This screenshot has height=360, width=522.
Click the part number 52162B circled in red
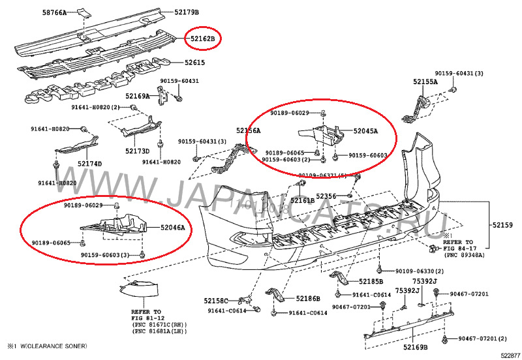click(x=202, y=39)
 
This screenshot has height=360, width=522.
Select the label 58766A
click(x=54, y=12)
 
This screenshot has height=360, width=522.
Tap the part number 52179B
click(x=187, y=12)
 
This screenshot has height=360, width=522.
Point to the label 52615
click(x=194, y=63)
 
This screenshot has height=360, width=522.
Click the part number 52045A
click(x=365, y=130)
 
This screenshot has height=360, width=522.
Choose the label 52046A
click(x=173, y=228)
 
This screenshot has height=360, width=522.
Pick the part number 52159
click(x=502, y=225)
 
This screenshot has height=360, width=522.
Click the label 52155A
click(x=425, y=82)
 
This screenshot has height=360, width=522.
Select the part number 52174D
click(x=90, y=163)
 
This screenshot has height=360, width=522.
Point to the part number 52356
click(x=326, y=196)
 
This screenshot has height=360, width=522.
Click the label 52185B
click(x=371, y=282)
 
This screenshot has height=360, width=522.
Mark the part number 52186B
click(x=308, y=299)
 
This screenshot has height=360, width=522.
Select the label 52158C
click(x=216, y=301)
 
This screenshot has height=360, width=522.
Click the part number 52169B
click(x=416, y=348)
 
